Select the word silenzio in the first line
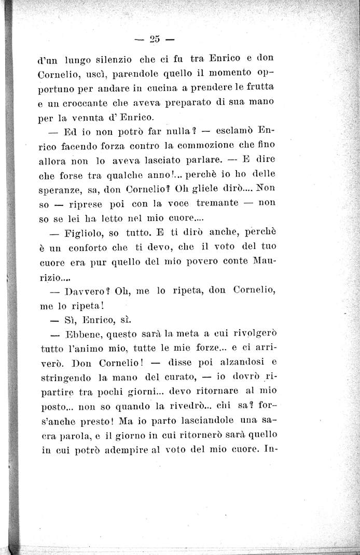(x=113, y=59)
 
